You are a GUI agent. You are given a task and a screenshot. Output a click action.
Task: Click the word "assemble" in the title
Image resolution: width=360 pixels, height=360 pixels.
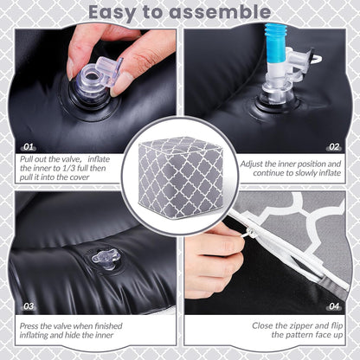coord(220,12)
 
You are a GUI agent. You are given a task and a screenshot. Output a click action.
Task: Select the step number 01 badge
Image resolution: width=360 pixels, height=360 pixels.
coord(29,147)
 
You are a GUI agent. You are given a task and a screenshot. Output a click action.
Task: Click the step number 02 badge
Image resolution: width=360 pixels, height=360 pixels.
coord(334,147)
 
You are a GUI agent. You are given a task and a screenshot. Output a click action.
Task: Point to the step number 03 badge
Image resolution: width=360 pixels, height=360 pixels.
coord(29,306)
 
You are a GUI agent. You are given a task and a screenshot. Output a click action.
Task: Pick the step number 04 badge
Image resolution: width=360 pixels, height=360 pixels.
coord(334,306)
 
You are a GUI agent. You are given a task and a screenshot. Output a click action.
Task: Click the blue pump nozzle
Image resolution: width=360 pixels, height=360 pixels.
coord(275,42)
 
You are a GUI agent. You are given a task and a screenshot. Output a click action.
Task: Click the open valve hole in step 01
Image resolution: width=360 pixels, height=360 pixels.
coord(92,76)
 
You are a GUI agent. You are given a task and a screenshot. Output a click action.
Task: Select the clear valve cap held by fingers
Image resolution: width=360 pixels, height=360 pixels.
coord(109,72)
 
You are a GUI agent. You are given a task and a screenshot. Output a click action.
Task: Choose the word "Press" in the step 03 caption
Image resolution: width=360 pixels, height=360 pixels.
coord(29,326)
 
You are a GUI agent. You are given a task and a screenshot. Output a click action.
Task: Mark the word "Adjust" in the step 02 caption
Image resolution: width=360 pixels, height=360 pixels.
coord(251,164)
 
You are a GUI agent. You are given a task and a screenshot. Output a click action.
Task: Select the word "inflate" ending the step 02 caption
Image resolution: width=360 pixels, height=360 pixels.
coord(330,173)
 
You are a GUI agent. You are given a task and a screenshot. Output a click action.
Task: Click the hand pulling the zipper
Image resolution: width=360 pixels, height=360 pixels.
coord(214,260)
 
